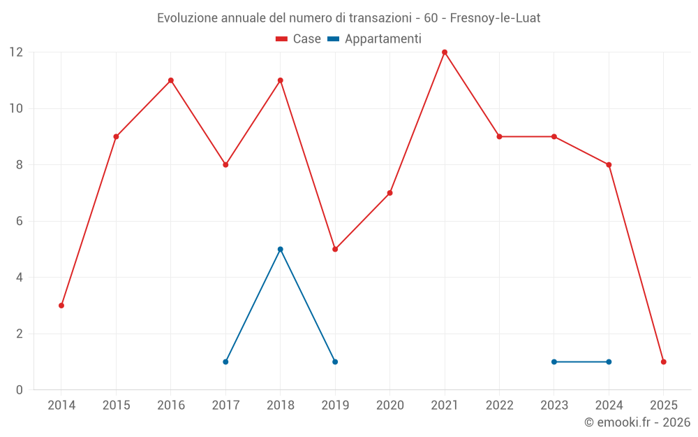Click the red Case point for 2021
pos(445,52)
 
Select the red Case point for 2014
pos(61,306)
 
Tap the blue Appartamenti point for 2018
pos(281,249)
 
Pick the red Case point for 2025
pos(663,361)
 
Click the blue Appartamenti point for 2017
pos(225,361)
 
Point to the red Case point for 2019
pos(335,249)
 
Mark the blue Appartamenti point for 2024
pos(609,361)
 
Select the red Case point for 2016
pos(171,80)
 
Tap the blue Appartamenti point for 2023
pos(554,361)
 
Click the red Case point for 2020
pos(389,193)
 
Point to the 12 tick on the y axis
pos(16,52)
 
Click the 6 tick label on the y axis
pos(20,221)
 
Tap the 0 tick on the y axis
pos(20,389)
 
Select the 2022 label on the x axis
pos(499,406)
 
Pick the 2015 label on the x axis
pos(116,406)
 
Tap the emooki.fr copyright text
pos(637,422)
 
